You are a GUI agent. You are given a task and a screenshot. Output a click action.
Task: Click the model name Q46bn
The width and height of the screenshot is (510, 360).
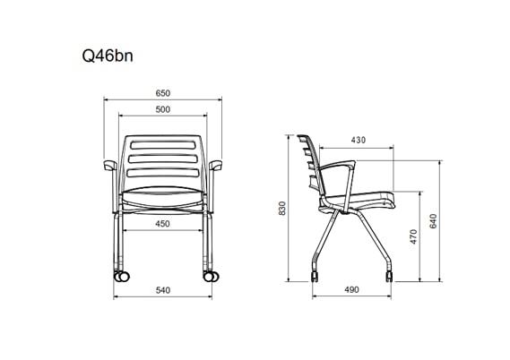pos(108,56)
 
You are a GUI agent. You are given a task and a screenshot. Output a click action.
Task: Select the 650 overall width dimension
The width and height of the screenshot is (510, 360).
pos(162,93)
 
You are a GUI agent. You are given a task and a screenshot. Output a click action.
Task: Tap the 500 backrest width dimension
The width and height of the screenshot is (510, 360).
pos(162,109)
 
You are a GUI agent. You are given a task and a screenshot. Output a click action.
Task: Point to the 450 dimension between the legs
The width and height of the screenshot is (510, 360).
pos(162,224)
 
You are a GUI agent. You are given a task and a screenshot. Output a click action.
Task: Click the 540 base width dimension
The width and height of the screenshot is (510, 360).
pos(162,290)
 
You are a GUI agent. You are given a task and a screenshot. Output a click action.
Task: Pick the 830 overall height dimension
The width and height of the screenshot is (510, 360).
pos(282,209)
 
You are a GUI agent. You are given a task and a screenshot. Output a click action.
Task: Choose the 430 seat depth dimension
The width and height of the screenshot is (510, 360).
pos(359,140)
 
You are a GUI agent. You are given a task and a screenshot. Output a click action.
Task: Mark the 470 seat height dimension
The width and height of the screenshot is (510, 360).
pos(413,236)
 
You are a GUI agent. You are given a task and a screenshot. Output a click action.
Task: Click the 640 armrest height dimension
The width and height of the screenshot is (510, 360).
pos(433,221)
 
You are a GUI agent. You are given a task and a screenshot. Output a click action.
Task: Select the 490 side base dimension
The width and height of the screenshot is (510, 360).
pos(351,289)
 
